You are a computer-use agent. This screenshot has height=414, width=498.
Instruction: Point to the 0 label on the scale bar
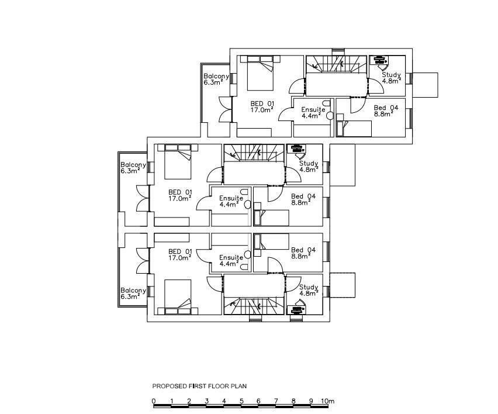click(154, 401)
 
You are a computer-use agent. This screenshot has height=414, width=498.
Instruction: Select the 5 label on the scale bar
click(241, 401)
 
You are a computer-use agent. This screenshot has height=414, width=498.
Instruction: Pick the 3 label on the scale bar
click(206, 401)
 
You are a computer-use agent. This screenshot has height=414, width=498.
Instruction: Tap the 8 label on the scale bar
click(293, 401)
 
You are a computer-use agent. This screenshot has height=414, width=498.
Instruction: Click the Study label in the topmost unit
click(391, 75)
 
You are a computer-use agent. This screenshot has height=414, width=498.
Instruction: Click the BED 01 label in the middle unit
click(180, 192)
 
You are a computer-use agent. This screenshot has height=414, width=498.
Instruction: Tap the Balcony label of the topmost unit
click(216, 77)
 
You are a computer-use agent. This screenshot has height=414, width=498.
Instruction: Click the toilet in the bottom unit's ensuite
click(248, 254)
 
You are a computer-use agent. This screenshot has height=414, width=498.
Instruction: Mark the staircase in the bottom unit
click(253, 306)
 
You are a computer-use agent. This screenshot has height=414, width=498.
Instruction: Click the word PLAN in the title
click(240, 386)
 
